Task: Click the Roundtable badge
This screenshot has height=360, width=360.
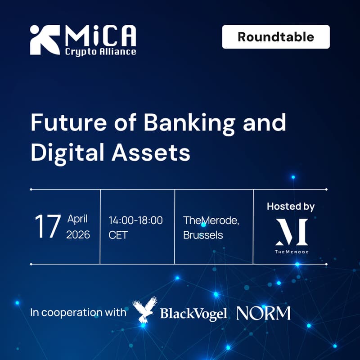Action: pos(276,37)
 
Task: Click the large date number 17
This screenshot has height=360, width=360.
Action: pos(48,227)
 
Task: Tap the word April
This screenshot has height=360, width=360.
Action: pos(77,219)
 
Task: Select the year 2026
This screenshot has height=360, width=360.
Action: pos(78,235)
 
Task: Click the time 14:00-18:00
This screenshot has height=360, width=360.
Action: pos(135,220)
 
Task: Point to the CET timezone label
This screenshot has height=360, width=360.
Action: pos(118,235)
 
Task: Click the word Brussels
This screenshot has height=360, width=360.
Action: pos(203,235)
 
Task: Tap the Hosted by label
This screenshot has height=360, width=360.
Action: pos(291,207)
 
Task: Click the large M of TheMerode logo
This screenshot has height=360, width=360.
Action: pos(292,231)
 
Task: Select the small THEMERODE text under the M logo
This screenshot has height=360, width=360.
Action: pos(292,252)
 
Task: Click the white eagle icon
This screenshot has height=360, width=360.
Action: pos(145,310)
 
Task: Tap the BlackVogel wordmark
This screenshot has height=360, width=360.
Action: pos(193,314)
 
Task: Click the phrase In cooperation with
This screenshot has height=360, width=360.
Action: pos(78,313)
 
